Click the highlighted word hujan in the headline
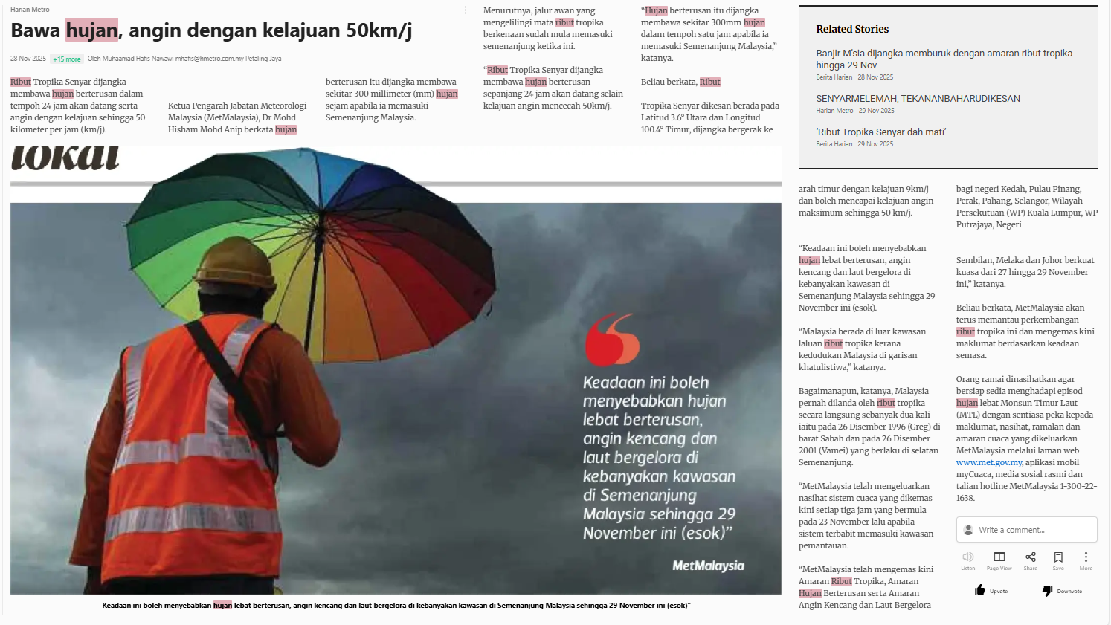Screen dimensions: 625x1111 point(91,30)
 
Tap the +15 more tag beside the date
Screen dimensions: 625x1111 point(67,59)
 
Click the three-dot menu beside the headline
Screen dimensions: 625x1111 point(466,10)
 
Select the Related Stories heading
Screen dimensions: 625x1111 point(852,29)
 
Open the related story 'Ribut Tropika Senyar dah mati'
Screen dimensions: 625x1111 point(880,132)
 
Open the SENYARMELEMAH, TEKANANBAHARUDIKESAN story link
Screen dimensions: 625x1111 point(918,99)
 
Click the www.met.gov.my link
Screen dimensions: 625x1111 point(989,462)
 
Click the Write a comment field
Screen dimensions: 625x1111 point(1026,530)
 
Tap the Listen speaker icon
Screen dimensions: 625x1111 point(967,557)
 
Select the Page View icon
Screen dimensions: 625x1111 point(999,557)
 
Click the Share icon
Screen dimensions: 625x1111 point(1030,557)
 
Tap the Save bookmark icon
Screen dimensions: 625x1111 point(1058,557)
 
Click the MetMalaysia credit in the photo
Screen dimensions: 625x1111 point(708,566)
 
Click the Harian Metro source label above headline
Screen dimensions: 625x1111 point(30,10)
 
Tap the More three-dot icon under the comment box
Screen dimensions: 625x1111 point(1086,557)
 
